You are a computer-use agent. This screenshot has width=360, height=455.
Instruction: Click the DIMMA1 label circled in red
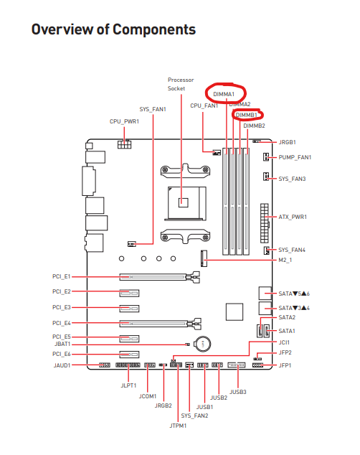pyautogui.click(x=224, y=94)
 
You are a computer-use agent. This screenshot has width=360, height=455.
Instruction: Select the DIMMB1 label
pyautogui.click(x=247, y=116)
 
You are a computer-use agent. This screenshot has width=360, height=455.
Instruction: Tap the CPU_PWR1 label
pyautogui.click(x=124, y=121)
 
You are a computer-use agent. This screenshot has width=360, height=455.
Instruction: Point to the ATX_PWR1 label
pyautogui.click(x=293, y=217)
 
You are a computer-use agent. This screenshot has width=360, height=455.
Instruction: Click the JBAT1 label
pyautogui.click(x=62, y=344)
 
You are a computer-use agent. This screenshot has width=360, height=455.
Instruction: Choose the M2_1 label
pyautogui.click(x=285, y=260)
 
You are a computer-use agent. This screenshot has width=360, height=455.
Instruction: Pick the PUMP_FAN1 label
pyautogui.click(x=295, y=157)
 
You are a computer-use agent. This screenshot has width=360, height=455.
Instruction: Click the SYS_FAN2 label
pyautogui.click(x=194, y=416)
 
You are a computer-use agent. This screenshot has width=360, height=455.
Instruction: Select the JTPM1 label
pyautogui.click(x=178, y=426)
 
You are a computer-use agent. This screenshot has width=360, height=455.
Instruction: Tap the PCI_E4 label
pyautogui.click(x=62, y=323)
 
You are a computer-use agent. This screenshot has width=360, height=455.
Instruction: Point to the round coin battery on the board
pyautogui.click(x=203, y=344)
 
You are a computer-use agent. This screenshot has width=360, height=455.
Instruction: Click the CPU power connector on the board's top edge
pyautogui.click(x=124, y=144)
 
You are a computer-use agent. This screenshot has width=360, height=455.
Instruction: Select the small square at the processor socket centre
pyautogui.click(x=183, y=202)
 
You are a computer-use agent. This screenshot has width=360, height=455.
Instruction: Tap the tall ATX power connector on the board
pyautogui.click(x=265, y=223)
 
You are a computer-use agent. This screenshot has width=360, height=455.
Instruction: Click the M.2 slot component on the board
pyautogui.click(x=204, y=258)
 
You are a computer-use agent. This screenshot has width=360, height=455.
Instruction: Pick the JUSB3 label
pyautogui.click(x=237, y=392)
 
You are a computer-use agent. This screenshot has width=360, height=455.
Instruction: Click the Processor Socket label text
pyautogui.click(x=180, y=84)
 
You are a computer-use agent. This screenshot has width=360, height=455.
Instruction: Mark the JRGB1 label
pyautogui.click(x=287, y=142)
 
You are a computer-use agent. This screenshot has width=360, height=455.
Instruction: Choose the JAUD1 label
pyautogui.click(x=62, y=365)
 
